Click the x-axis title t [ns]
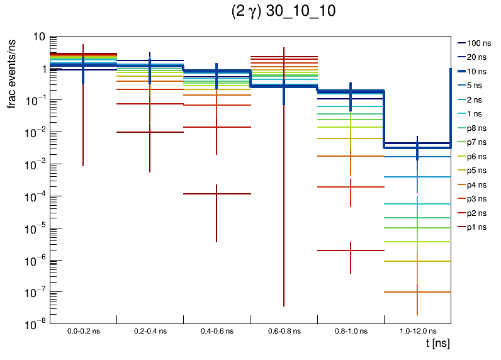pyautogui.click(x=437, y=344)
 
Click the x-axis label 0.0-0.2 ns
pyautogui.click(x=83, y=330)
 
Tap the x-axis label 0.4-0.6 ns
pyautogui.click(x=217, y=330)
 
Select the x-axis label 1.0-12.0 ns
pyautogui.click(x=417, y=330)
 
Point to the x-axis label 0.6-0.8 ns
pyautogui.click(x=284, y=330)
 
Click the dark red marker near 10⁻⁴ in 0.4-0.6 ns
pyautogui.click(x=217, y=194)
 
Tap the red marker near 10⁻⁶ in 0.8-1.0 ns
pyautogui.click(x=351, y=250)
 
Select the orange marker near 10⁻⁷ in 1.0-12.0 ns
pyautogui.click(x=417, y=292)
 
